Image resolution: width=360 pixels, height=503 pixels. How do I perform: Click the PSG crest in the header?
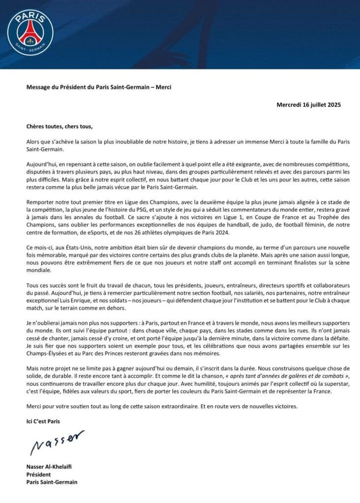[30, 31]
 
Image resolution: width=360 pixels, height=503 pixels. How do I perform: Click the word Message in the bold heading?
[39, 87]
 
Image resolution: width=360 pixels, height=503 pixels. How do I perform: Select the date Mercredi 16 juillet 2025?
[308, 105]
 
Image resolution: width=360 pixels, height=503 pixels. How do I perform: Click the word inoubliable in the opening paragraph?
[132, 141]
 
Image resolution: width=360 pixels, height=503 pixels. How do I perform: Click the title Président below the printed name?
[38, 474]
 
